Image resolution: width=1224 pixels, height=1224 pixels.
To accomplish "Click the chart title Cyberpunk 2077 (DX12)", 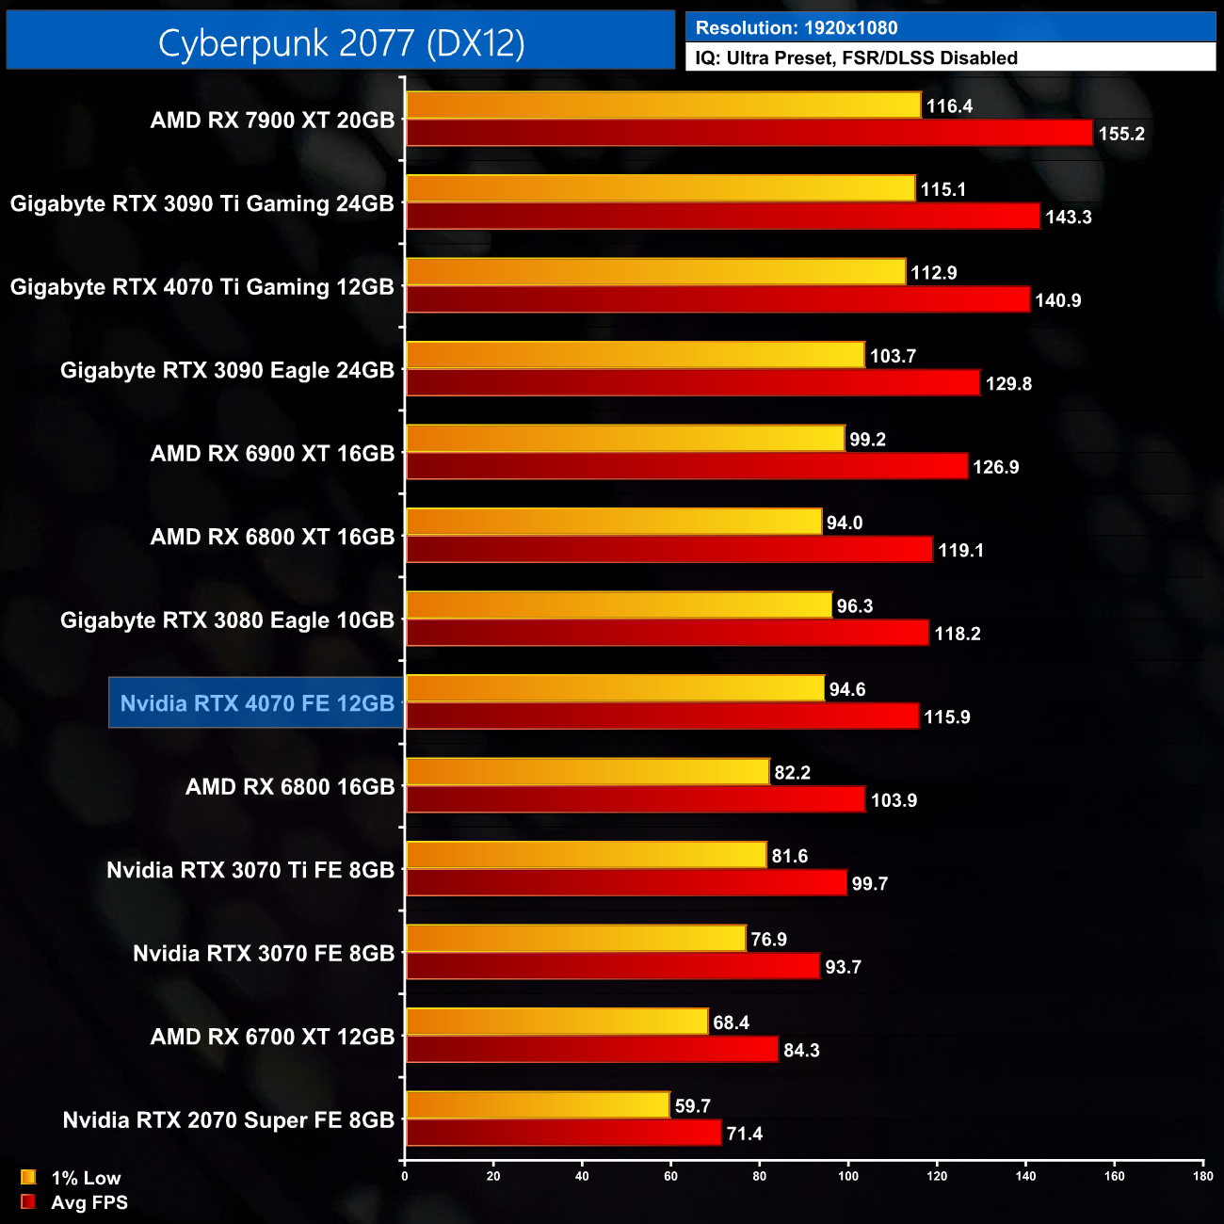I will click(x=341, y=43).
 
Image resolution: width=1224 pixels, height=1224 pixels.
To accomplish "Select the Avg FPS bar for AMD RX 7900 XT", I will click(x=749, y=133).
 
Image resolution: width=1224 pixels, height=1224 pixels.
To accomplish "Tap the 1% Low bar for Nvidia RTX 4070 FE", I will click(x=615, y=688).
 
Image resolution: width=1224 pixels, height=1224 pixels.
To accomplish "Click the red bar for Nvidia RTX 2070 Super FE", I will click(x=563, y=1133).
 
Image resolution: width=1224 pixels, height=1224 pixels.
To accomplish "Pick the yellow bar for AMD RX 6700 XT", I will click(x=556, y=1022).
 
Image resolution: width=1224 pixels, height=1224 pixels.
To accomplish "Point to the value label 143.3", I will click(x=1068, y=217).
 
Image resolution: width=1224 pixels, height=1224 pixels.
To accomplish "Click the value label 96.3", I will click(x=854, y=606).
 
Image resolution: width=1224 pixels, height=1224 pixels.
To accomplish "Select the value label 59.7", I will click(x=692, y=1106).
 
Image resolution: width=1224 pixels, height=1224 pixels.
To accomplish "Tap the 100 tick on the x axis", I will click(x=848, y=1176).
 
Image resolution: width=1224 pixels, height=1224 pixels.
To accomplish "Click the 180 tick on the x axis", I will click(x=1202, y=1176).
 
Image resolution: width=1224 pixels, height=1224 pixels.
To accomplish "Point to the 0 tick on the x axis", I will click(x=405, y=1176).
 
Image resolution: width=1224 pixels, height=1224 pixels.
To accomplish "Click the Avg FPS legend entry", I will click(x=74, y=1202).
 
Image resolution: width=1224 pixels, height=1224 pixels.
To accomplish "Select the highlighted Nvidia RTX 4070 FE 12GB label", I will click(x=256, y=703).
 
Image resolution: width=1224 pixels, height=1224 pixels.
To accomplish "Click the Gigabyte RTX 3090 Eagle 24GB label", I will click(x=227, y=371).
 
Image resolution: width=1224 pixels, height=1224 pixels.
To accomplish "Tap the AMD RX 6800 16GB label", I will click(x=290, y=787).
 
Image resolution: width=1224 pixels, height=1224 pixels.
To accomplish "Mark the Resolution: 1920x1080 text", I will click(x=797, y=28).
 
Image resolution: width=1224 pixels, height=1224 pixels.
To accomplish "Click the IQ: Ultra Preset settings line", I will click(x=856, y=58).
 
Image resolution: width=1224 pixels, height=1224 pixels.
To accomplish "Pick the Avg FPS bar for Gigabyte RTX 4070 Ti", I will click(x=717, y=299).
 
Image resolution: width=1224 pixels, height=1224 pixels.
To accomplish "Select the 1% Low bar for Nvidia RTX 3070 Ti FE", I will click(x=586, y=855).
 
